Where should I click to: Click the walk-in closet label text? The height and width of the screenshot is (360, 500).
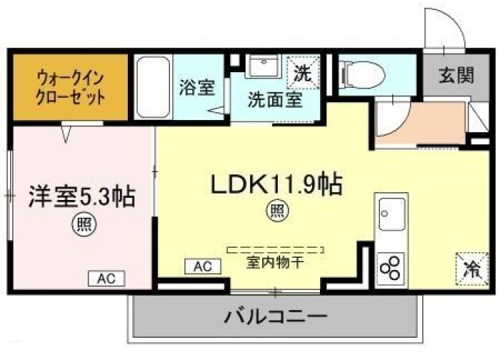(x=71, y=87)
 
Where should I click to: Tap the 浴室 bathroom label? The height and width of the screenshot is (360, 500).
(x=197, y=87)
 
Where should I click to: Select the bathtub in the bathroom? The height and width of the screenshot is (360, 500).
(x=153, y=87)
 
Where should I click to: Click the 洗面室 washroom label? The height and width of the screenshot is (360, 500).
(x=275, y=99)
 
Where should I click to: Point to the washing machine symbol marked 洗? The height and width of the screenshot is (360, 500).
(x=303, y=73)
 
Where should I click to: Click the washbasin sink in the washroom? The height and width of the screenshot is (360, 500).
(x=264, y=66)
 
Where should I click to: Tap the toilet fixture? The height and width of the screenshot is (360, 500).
(x=362, y=76)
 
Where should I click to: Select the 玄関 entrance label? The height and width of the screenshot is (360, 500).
(x=456, y=75)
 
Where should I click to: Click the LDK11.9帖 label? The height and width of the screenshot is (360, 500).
(x=276, y=184)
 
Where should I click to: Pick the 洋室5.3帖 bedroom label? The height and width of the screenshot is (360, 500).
(x=82, y=196)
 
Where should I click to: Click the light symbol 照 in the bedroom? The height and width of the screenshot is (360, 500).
(x=85, y=224)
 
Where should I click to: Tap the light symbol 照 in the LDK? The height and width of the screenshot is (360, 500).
(x=278, y=211)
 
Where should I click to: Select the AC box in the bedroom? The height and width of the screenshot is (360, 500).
(x=106, y=279)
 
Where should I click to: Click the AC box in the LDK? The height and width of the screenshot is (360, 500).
(x=203, y=266)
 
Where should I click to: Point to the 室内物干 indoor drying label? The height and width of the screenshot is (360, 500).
(x=275, y=262)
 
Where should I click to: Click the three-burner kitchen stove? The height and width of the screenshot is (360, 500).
(x=391, y=269)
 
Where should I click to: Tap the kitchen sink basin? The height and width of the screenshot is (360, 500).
(x=392, y=214)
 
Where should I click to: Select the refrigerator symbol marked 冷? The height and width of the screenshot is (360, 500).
(x=472, y=269)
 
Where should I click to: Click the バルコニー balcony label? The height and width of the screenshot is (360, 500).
(x=276, y=317)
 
